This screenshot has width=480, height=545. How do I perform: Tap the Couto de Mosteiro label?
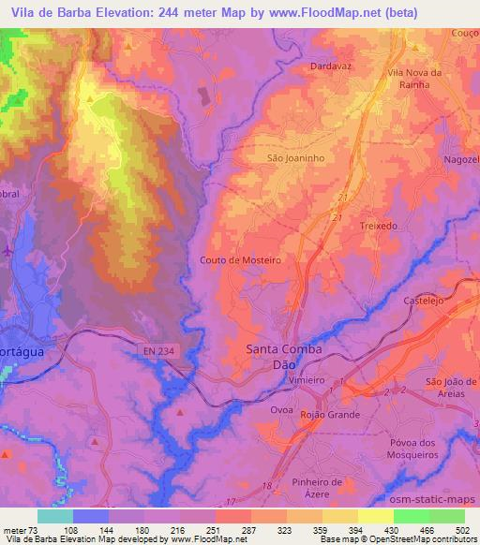click(x=241, y=260)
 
